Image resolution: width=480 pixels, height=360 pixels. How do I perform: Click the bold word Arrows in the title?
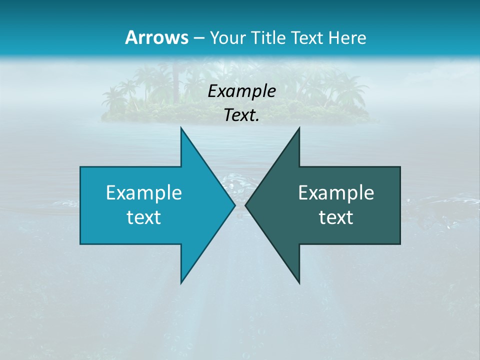(156, 37)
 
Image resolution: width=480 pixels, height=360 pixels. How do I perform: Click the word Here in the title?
(349, 37)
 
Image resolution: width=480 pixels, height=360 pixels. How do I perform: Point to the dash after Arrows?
(198, 38)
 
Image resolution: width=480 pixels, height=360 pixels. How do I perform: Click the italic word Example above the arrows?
(242, 91)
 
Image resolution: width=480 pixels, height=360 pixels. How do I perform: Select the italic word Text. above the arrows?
(242, 115)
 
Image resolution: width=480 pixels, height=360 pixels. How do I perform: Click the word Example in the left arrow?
(144, 193)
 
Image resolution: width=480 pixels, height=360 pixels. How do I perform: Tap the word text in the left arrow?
(144, 217)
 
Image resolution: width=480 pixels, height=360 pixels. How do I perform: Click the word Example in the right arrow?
(336, 193)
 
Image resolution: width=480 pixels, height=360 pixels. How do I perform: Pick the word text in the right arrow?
(336, 217)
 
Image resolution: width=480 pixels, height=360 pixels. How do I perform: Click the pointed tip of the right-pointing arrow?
(234, 205)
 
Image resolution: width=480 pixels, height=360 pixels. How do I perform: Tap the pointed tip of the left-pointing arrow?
(246, 205)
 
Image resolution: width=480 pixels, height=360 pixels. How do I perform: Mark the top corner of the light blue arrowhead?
(181, 128)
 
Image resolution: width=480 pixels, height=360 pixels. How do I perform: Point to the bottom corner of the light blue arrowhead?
(181, 282)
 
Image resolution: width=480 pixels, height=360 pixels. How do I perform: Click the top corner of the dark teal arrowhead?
(299, 128)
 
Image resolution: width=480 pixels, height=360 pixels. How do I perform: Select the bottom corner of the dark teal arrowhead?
(299, 282)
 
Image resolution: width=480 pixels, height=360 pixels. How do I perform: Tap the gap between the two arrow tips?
(240, 205)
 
